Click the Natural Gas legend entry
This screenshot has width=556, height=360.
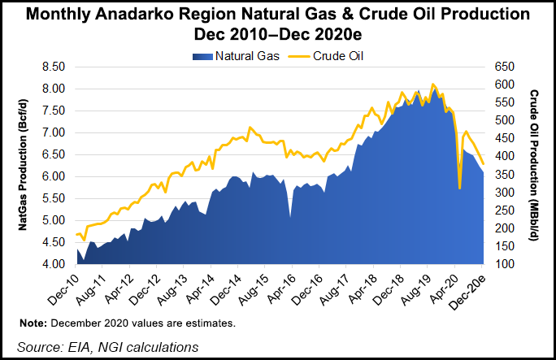237,56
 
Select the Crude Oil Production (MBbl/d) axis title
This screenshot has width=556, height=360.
536,166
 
